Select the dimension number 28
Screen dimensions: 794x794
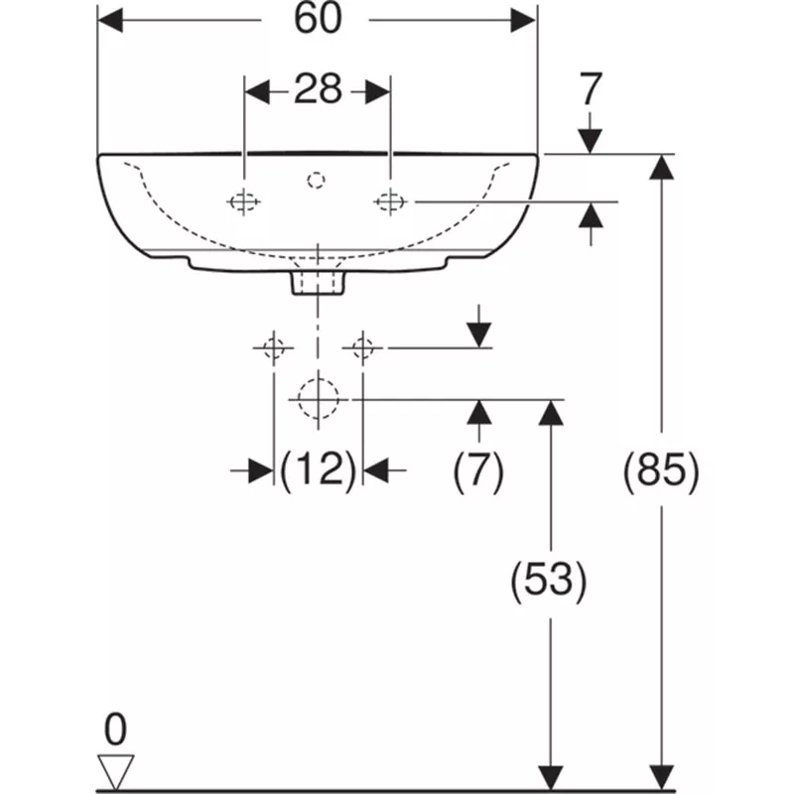click(317, 91)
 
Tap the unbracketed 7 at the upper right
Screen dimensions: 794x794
click(591, 90)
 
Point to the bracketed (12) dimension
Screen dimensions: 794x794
click(318, 469)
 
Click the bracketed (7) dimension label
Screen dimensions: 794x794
click(478, 469)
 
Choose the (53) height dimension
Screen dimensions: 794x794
click(548, 581)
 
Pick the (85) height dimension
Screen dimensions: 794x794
click(661, 469)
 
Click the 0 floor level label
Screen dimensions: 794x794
click(116, 730)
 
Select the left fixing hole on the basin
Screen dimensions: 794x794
click(244, 201)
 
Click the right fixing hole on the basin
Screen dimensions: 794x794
click(390, 201)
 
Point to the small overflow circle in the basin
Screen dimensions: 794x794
click(318, 180)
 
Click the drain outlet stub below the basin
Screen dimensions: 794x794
click(318, 283)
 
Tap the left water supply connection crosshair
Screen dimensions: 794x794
click(272, 347)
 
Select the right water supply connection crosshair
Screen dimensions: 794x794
click(362, 347)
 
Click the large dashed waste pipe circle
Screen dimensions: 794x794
click(318, 399)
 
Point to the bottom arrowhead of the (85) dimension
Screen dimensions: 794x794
click(661, 780)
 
